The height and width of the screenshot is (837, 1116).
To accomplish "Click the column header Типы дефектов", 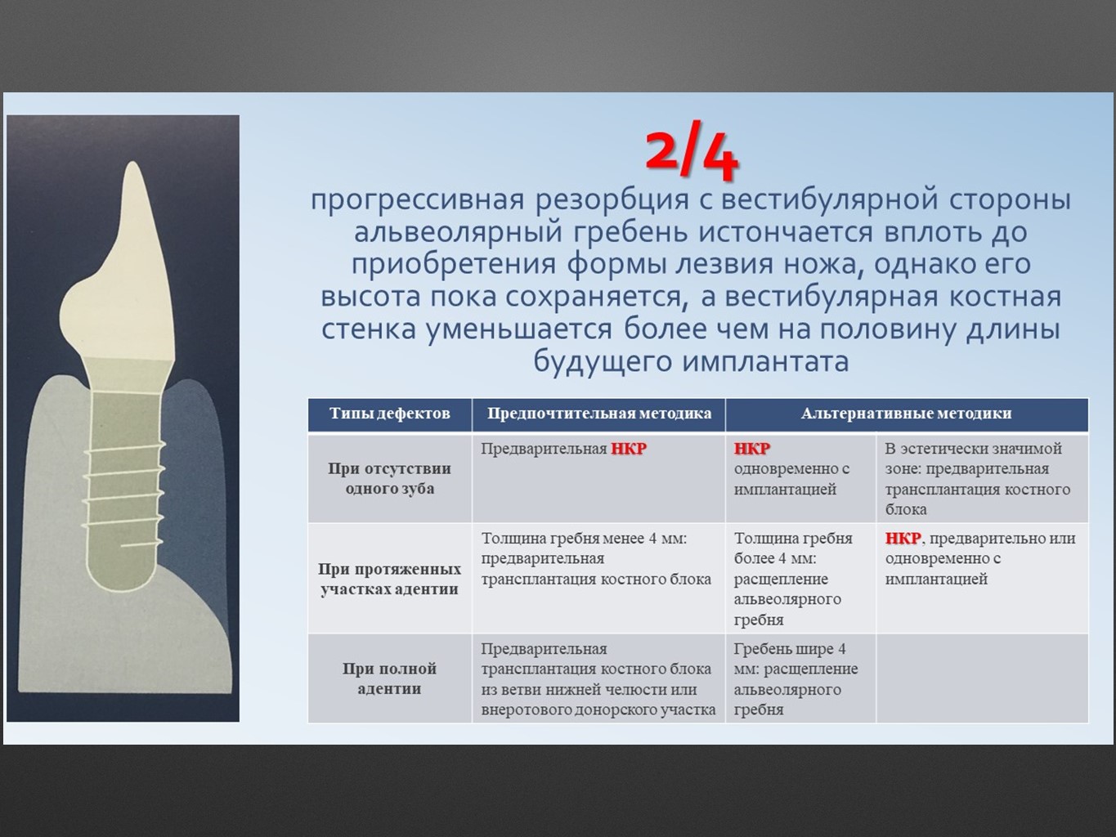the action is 389,414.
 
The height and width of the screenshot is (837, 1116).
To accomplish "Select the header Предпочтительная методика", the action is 599,414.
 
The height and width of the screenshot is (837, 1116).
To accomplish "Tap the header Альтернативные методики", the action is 906,414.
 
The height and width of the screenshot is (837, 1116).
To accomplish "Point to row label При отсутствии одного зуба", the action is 389,478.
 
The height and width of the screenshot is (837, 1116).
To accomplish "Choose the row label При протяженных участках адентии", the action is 389,579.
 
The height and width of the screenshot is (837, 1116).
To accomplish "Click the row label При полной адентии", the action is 389,678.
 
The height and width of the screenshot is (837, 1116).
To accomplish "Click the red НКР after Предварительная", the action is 629,449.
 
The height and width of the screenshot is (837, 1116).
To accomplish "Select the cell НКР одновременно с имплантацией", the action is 791,468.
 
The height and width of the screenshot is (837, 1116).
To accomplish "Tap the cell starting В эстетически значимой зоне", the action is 978,479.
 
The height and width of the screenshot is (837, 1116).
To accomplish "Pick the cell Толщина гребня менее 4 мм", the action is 596,558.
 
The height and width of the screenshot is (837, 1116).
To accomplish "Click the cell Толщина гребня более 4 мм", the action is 793,579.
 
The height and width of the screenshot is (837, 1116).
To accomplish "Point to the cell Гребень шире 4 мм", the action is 796,679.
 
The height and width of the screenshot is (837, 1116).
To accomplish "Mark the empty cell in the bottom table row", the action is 982,678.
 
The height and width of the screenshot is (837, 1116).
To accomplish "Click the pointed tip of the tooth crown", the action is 133,163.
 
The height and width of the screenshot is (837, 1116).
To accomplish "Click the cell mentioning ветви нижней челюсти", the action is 598,679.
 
